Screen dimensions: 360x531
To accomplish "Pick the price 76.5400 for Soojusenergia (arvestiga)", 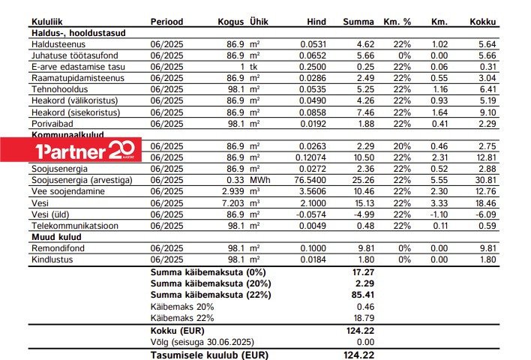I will coord(318,180).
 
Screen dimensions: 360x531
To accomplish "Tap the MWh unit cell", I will coord(259,180).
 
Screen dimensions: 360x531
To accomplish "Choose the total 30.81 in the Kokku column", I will coord(485,180).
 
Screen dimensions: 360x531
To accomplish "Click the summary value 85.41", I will coord(363,295).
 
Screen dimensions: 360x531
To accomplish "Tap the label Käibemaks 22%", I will coord(182,317).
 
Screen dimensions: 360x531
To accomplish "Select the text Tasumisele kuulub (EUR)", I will coord(209,354).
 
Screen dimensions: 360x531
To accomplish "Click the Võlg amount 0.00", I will coord(364,341).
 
